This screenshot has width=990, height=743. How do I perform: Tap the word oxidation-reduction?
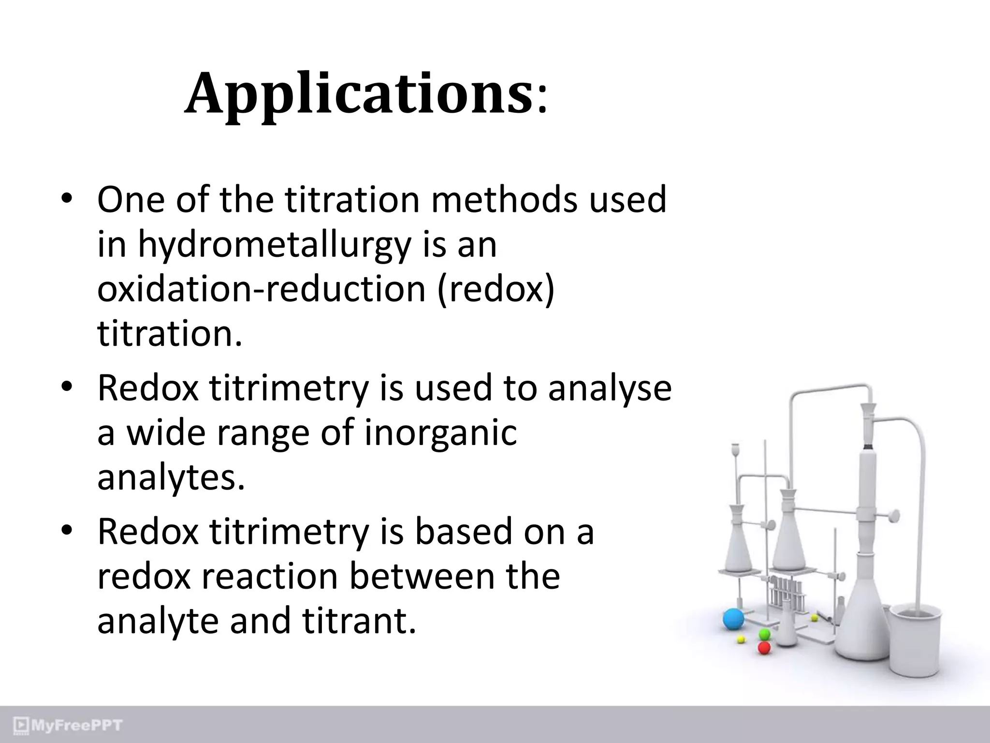pyautogui.click(x=262, y=290)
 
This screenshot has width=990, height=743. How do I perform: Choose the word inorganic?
pyautogui.click(x=440, y=433)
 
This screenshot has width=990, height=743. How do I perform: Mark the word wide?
pyautogui.click(x=167, y=433)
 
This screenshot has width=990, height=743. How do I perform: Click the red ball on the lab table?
pyautogui.click(x=764, y=647)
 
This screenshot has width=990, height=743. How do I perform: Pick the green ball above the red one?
pyautogui.click(x=764, y=633)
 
